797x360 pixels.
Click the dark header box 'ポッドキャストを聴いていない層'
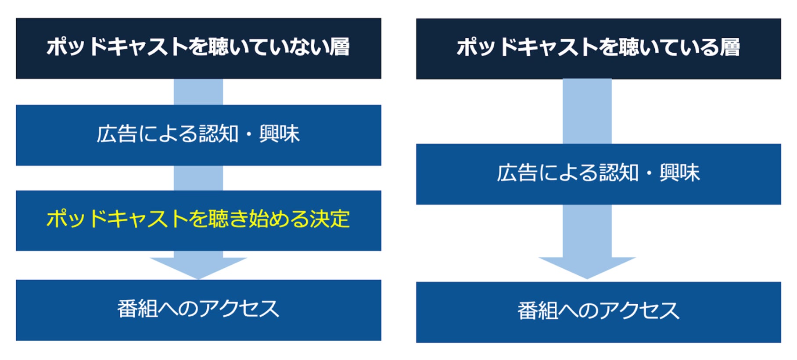[x=198, y=48]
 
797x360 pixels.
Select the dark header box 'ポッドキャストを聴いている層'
[x=598, y=48]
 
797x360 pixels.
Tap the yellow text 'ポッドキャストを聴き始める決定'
[x=198, y=219]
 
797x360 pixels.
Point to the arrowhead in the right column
[x=587, y=267]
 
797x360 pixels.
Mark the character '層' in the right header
[x=730, y=47]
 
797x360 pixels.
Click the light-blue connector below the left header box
[x=198, y=92]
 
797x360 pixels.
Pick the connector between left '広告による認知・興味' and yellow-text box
[x=198, y=178]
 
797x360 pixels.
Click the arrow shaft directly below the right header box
[x=587, y=111]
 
